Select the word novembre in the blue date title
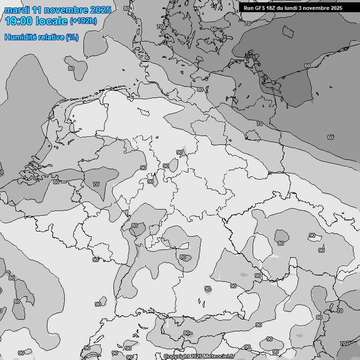click(x=68, y=10)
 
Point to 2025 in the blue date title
click(x=100, y=10)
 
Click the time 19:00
click(x=19, y=21)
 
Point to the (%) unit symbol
click(x=72, y=37)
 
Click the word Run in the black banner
click(x=248, y=8)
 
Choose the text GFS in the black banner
click(x=260, y=8)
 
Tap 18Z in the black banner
click(x=273, y=8)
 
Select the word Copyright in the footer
click(x=177, y=356)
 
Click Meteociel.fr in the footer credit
click(x=219, y=356)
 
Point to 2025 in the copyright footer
click(x=197, y=356)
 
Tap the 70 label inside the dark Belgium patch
click(x=96, y=184)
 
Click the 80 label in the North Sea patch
click(x=71, y=68)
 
